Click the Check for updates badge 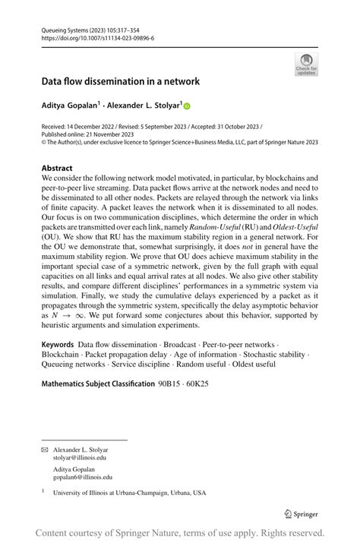click(306, 64)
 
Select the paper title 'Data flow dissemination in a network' click(120, 81)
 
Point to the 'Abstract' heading click(57, 168)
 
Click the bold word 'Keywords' click(58, 344)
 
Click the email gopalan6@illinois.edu click(82, 477)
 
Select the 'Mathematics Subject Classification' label click(97, 383)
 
